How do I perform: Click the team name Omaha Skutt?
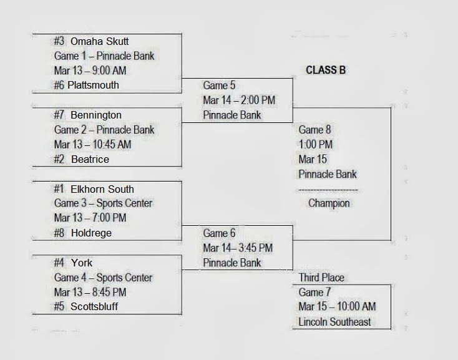click(x=100, y=41)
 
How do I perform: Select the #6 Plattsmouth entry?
click(x=86, y=85)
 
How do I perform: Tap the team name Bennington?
click(x=96, y=115)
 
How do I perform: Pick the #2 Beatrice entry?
click(x=82, y=159)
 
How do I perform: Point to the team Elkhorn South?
click(x=102, y=189)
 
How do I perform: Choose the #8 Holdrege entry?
click(x=83, y=233)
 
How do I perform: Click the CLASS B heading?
click(x=326, y=70)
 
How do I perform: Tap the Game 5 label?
click(x=220, y=85)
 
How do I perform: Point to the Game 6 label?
click(x=220, y=233)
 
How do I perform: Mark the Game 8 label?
click(x=315, y=130)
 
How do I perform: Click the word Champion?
click(x=329, y=203)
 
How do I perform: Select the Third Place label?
click(x=321, y=278)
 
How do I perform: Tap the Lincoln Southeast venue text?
click(x=334, y=322)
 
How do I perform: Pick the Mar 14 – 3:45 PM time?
click(x=238, y=248)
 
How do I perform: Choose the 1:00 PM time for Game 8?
click(x=316, y=145)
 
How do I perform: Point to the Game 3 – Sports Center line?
click(x=103, y=203)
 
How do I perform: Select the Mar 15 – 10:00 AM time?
click(x=337, y=307)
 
